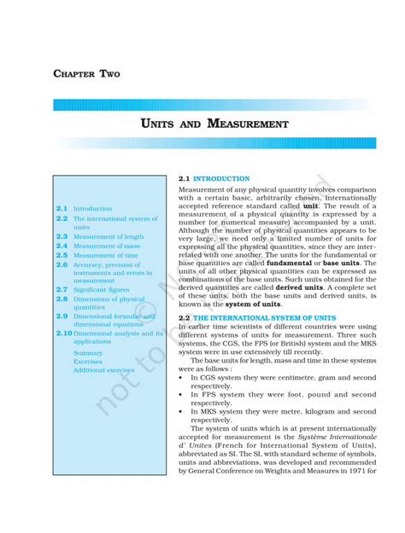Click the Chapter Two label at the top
(x=86, y=74)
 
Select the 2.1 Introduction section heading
(x=214, y=178)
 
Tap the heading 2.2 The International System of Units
(x=257, y=318)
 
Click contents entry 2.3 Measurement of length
(x=108, y=236)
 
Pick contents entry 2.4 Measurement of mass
(x=106, y=246)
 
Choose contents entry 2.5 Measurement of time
(x=105, y=255)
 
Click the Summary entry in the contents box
(x=88, y=352)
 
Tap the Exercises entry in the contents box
(x=89, y=362)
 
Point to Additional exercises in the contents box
(x=103, y=370)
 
